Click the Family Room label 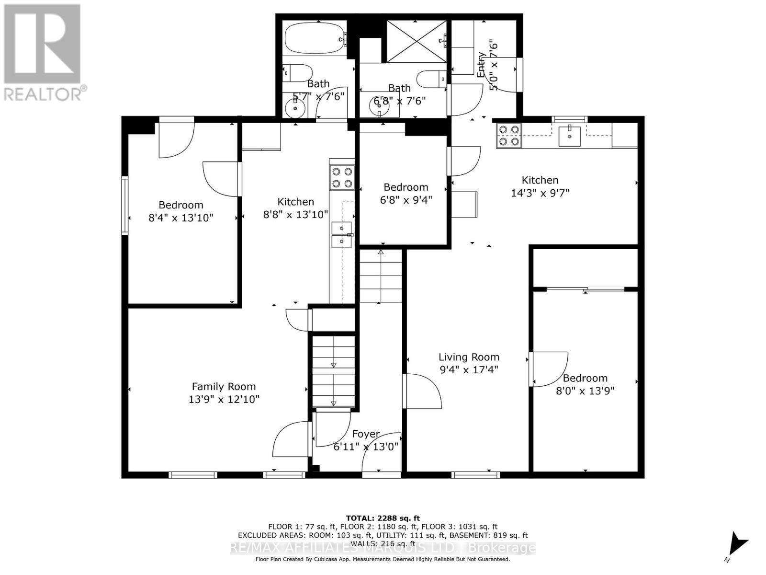tap(224, 386)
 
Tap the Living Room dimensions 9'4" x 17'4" tap(469, 370)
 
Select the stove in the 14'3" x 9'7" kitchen tap(509, 135)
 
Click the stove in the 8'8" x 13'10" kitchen tap(342, 177)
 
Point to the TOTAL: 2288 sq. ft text tap(383, 518)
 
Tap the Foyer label tap(366, 434)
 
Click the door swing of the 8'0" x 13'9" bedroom tap(550, 369)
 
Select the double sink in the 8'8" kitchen tap(342, 234)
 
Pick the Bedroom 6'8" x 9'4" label tap(406, 187)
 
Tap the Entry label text tap(482, 65)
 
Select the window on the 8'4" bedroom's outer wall tap(125, 205)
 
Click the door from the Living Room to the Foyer tap(421, 391)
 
